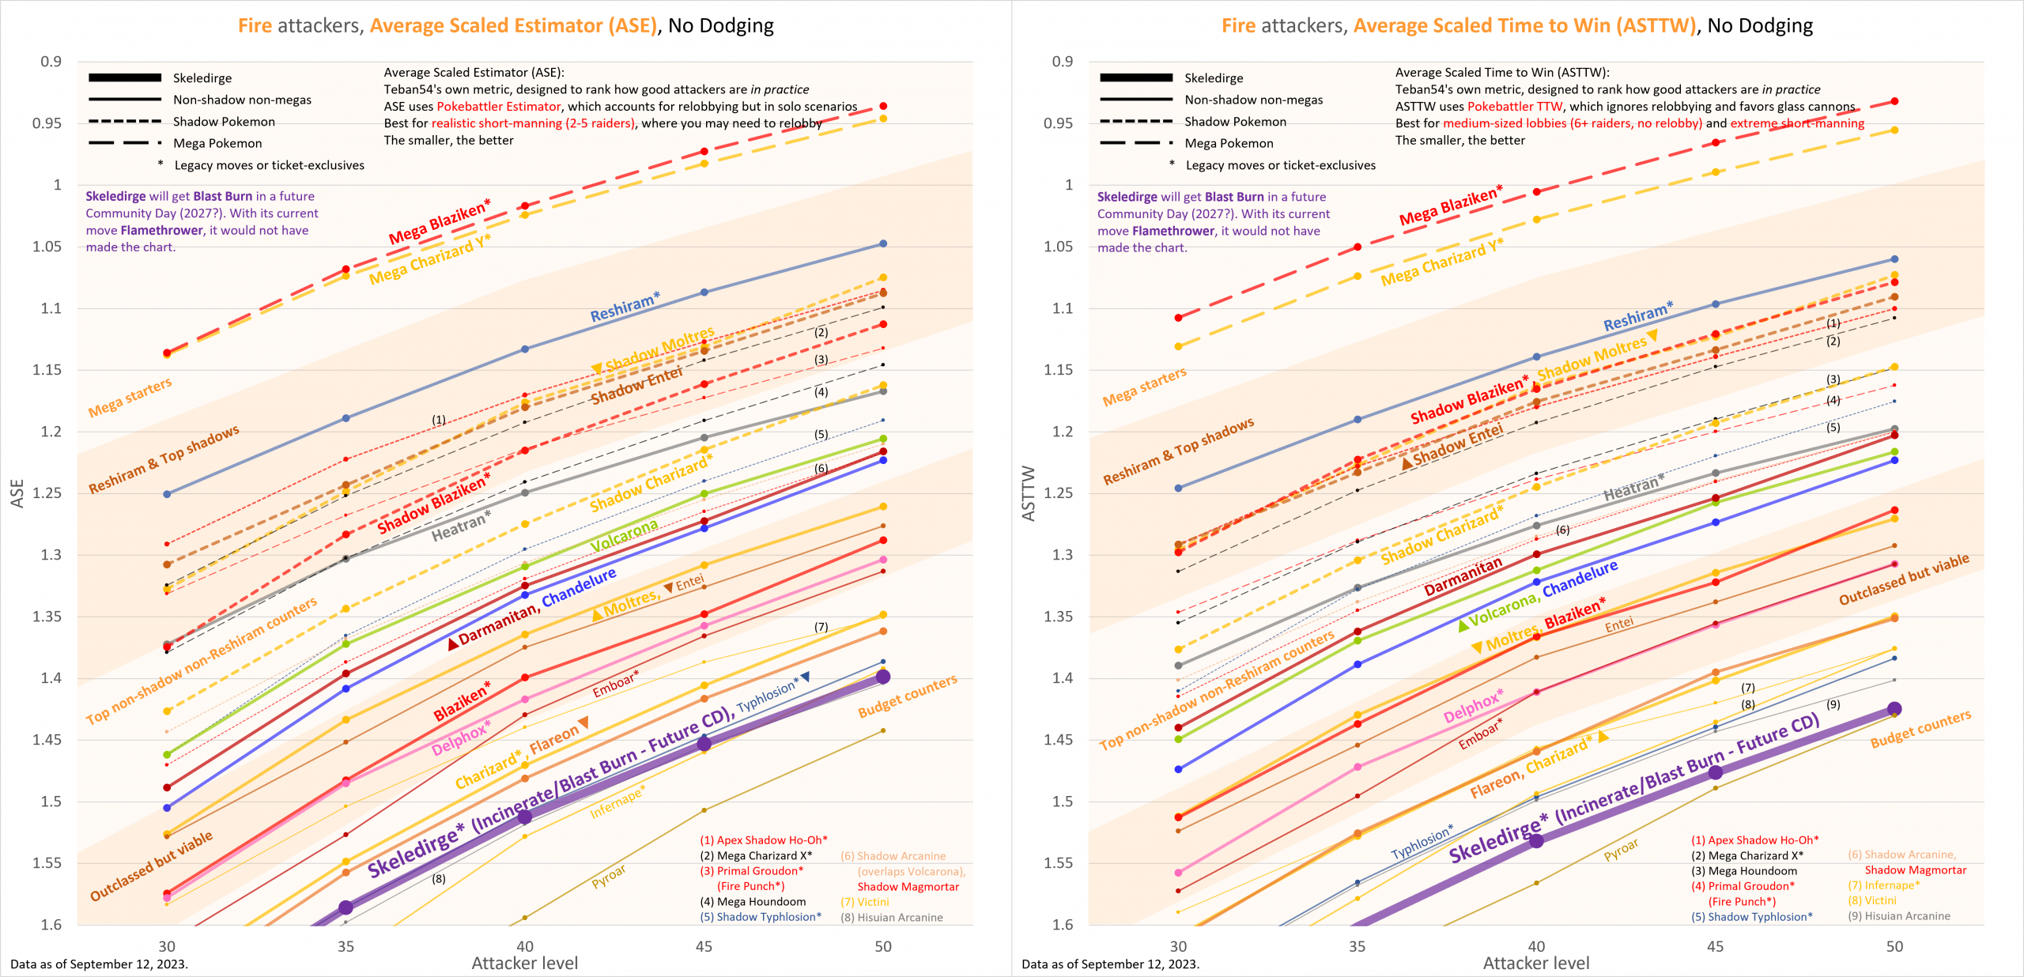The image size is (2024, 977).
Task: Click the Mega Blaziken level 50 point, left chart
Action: [x=883, y=106]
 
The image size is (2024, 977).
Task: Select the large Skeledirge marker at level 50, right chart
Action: [x=1894, y=709]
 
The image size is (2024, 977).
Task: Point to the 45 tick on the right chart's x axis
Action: [x=1715, y=946]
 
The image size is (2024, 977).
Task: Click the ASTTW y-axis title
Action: [x=1029, y=492]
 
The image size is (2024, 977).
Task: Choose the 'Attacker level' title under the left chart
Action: [x=524, y=963]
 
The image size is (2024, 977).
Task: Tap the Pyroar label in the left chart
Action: [x=609, y=876]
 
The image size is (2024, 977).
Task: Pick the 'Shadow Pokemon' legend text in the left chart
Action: [x=224, y=122]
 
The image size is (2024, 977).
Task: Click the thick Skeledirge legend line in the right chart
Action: [x=1135, y=77]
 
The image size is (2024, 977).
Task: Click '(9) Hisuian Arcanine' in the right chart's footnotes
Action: [x=1899, y=916]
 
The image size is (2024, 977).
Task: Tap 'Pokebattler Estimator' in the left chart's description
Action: [x=498, y=107]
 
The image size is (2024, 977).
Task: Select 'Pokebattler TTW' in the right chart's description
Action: [x=1515, y=107]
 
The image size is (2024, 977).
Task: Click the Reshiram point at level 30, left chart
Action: [x=167, y=494]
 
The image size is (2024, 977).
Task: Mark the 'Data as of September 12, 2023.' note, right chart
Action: [x=1110, y=964]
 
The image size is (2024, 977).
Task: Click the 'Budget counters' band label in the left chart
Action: [x=907, y=696]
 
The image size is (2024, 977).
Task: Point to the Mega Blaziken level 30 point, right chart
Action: [x=1178, y=318]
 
